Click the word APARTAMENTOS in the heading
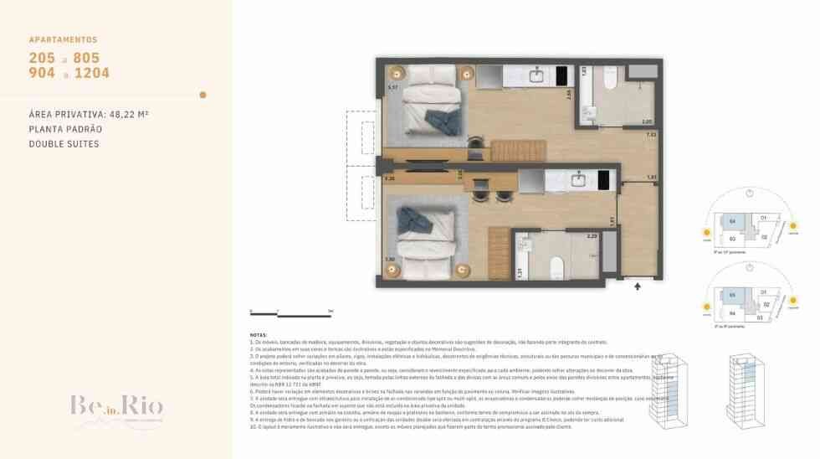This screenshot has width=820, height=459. click(x=63, y=39)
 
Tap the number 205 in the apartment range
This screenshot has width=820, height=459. click(x=42, y=58)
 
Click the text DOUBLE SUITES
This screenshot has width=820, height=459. click(x=64, y=144)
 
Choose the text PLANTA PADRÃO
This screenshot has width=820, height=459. click(x=65, y=129)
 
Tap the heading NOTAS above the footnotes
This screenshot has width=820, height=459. click(x=259, y=334)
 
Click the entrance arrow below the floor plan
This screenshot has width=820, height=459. click(x=638, y=286)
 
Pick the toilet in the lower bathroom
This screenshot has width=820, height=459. click(x=556, y=266)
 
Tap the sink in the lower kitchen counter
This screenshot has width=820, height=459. click(x=578, y=178)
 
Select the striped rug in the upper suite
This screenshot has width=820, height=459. click(x=505, y=151)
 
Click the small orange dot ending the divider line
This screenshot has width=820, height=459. click(x=202, y=95)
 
